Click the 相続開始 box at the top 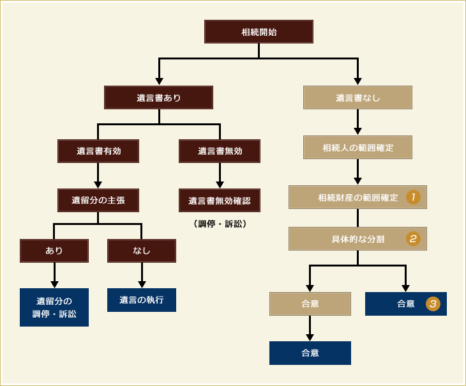tap(259, 31)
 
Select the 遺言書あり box tap(158, 98)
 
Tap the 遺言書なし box tap(357, 98)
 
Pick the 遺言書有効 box tap(98, 151)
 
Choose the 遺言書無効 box tap(220, 151)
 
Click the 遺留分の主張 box tap(98, 200)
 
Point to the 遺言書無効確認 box tap(220, 200)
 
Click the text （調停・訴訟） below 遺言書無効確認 tap(220, 224)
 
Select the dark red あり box tap(54, 251)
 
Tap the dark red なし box tap(142, 251)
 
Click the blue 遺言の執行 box tap(142, 300)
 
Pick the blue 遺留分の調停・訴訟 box tap(54, 307)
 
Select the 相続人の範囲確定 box tap(357, 148)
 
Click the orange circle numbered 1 tap(413, 197)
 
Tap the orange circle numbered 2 tap(413, 239)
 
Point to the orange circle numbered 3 tap(433, 304)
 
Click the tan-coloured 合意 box tap(310, 304)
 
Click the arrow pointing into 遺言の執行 tap(142, 276)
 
